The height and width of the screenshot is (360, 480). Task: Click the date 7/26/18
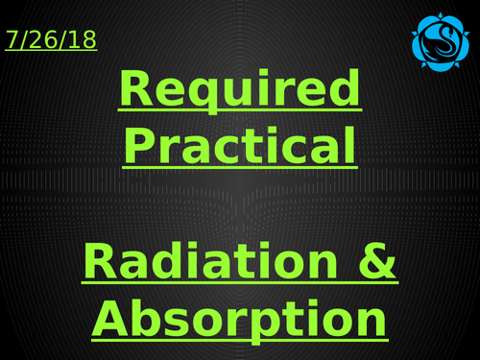(x=51, y=40)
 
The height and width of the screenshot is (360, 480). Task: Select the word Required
(x=240, y=91)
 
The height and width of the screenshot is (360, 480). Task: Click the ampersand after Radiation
(x=377, y=262)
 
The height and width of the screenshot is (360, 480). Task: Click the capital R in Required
(x=136, y=91)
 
